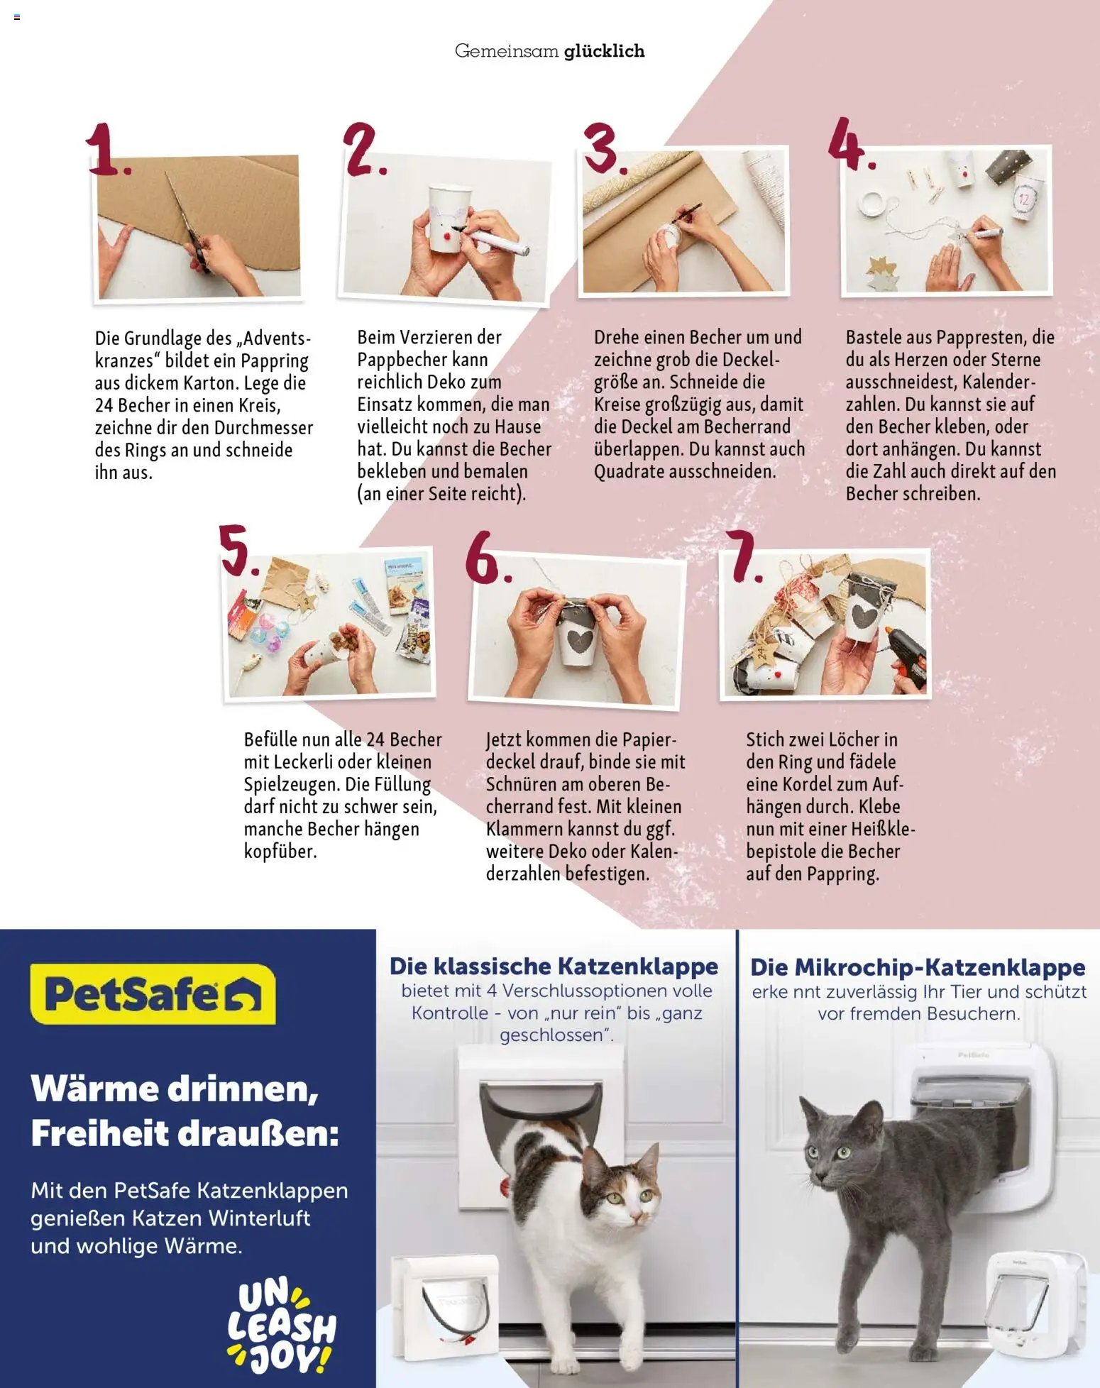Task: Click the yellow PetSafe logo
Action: (x=152, y=994)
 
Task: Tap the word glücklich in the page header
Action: (x=604, y=51)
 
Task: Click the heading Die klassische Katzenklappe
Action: (x=554, y=966)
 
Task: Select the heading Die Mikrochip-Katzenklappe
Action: (x=918, y=967)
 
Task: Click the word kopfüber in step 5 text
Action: (x=280, y=851)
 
